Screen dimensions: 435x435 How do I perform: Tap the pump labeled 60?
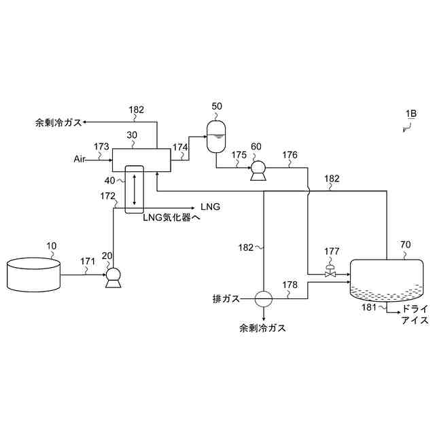[258, 170]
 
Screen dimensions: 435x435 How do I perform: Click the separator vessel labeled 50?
[216, 135]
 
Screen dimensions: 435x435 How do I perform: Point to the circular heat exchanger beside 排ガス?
[263, 298]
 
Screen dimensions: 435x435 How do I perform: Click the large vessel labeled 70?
[387, 280]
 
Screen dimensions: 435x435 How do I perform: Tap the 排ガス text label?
[226, 298]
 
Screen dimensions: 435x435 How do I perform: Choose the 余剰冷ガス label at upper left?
[58, 123]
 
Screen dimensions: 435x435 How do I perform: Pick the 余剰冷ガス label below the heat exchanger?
[262, 328]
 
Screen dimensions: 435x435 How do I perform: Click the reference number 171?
[88, 261]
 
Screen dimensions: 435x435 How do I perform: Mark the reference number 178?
[290, 285]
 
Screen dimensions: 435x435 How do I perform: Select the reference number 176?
[290, 155]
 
